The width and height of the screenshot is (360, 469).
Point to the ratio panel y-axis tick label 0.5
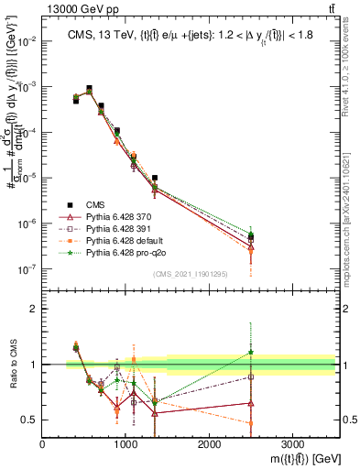[x=29, y=420]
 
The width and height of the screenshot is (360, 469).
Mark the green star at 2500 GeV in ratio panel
[x=251, y=353]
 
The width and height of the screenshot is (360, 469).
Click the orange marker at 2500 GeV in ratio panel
[x=251, y=423]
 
